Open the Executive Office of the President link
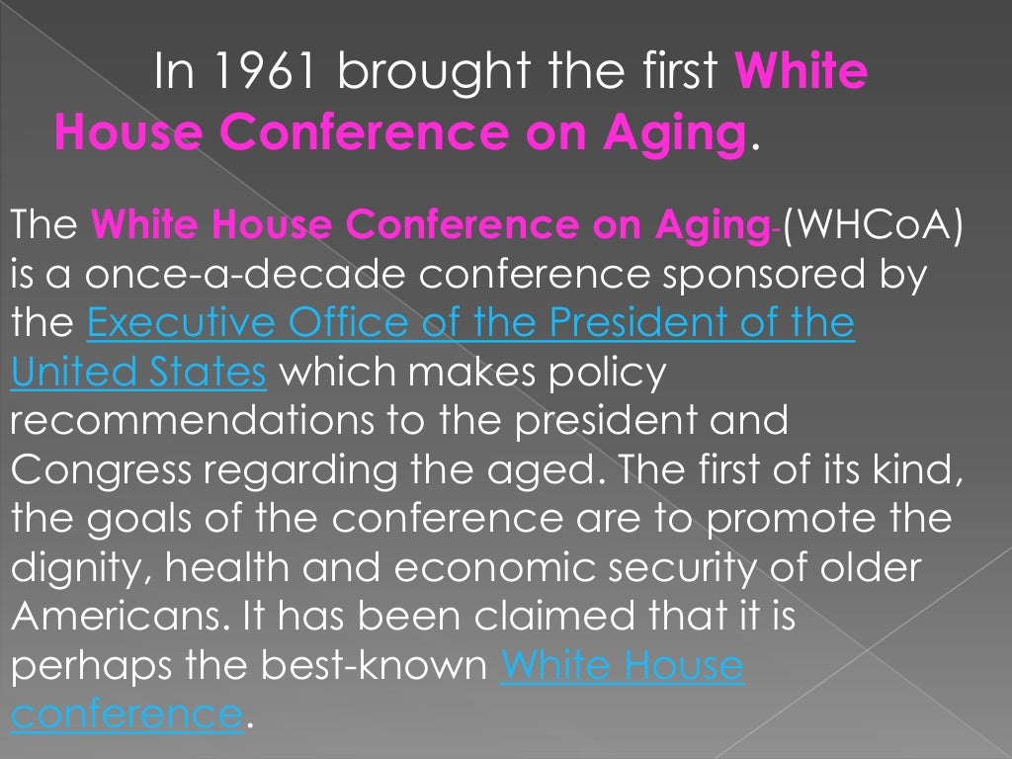[470, 323]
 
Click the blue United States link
[138, 373]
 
